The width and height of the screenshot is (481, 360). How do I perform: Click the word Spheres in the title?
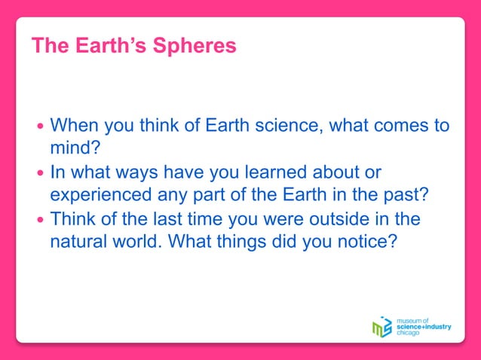pyautogui.click(x=195, y=47)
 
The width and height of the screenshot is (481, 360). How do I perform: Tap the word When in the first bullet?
pyautogui.click(x=75, y=124)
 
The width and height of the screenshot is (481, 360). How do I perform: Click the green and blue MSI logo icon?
pyautogui.click(x=382, y=327)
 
